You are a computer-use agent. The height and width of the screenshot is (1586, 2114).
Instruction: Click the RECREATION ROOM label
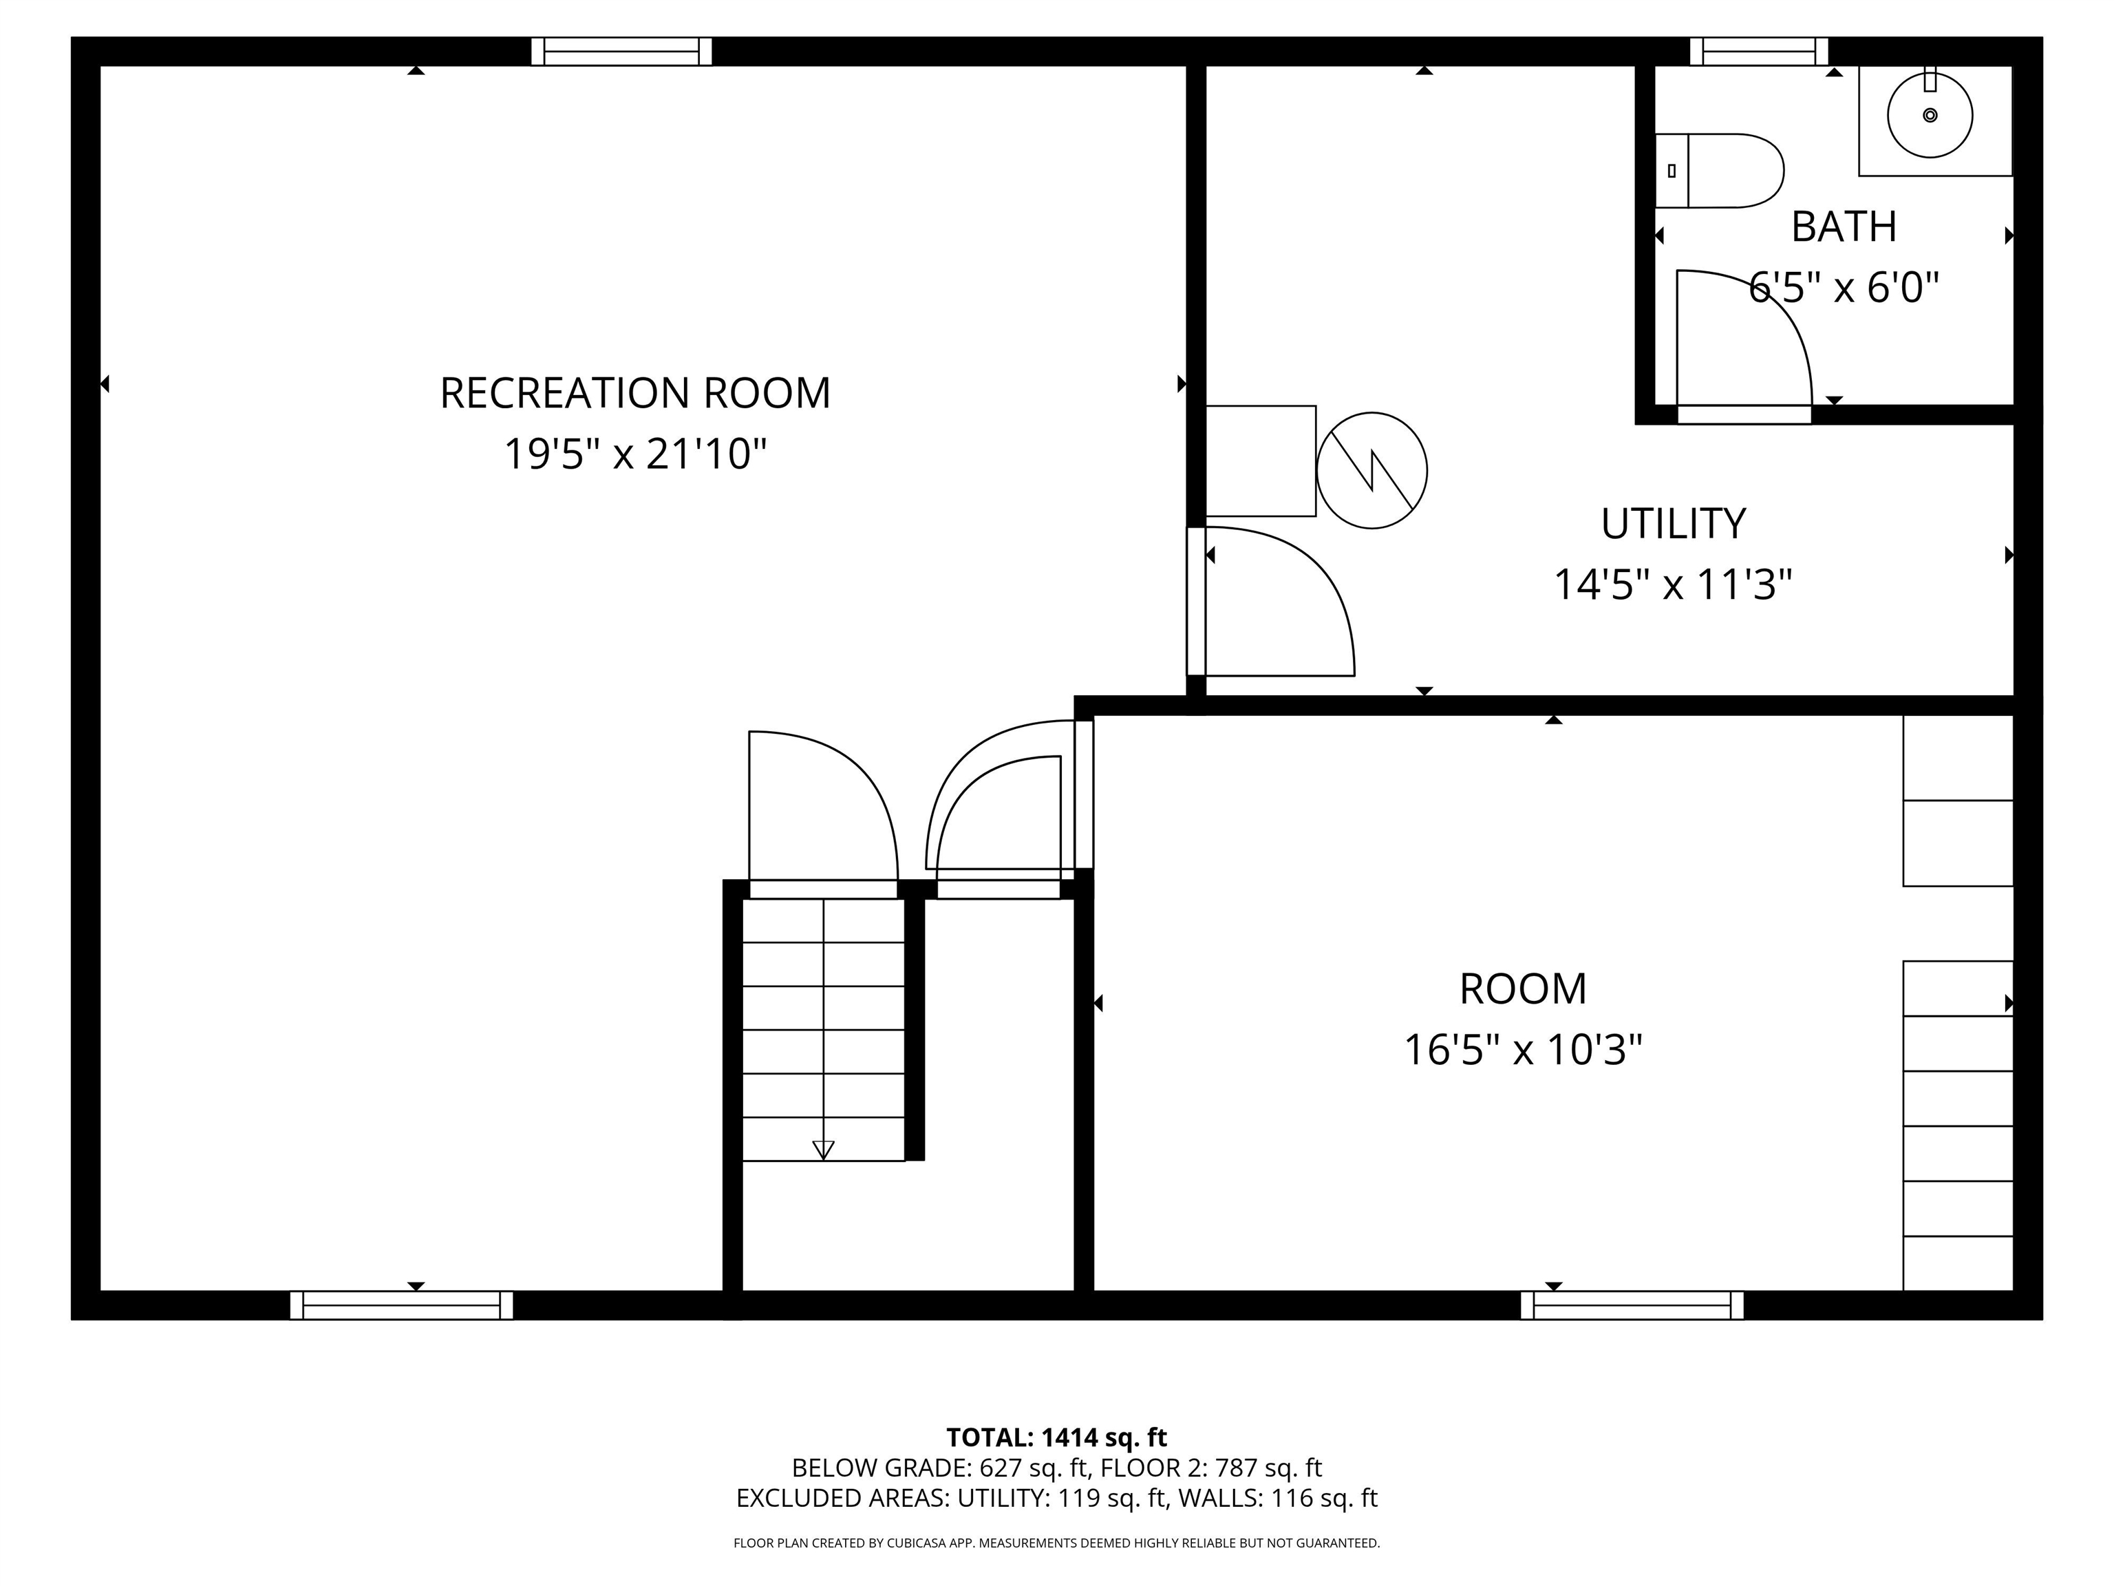[634, 393]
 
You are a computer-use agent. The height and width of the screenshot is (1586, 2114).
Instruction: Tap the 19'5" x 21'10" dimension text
[634, 454]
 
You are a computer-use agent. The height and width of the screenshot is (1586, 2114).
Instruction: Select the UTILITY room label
[1672, 524]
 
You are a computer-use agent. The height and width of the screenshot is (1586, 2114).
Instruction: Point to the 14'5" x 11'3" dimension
[1672, 584]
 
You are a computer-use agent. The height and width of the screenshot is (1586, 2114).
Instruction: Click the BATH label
[1844, 226]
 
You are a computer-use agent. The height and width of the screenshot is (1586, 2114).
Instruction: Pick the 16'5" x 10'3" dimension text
[1522, 1050]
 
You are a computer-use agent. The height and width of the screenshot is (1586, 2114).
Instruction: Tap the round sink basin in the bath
[1930, 116]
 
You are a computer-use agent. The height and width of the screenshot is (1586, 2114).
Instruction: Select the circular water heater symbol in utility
[1371, 469]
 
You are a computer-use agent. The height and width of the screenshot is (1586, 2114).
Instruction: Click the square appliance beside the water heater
[1261, 461]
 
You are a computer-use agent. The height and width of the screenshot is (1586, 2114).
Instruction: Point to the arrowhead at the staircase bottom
[823, 1150]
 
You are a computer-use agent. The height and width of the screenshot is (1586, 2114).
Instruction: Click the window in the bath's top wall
[1758, 52]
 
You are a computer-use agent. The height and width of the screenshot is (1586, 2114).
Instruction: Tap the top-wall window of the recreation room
[621, 52]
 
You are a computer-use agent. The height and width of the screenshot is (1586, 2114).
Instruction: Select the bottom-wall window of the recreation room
[401, 1305]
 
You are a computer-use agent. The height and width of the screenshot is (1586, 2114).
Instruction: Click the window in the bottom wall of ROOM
[1632, 1305]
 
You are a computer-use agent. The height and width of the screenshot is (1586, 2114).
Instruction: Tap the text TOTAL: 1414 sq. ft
[1056, 1438]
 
